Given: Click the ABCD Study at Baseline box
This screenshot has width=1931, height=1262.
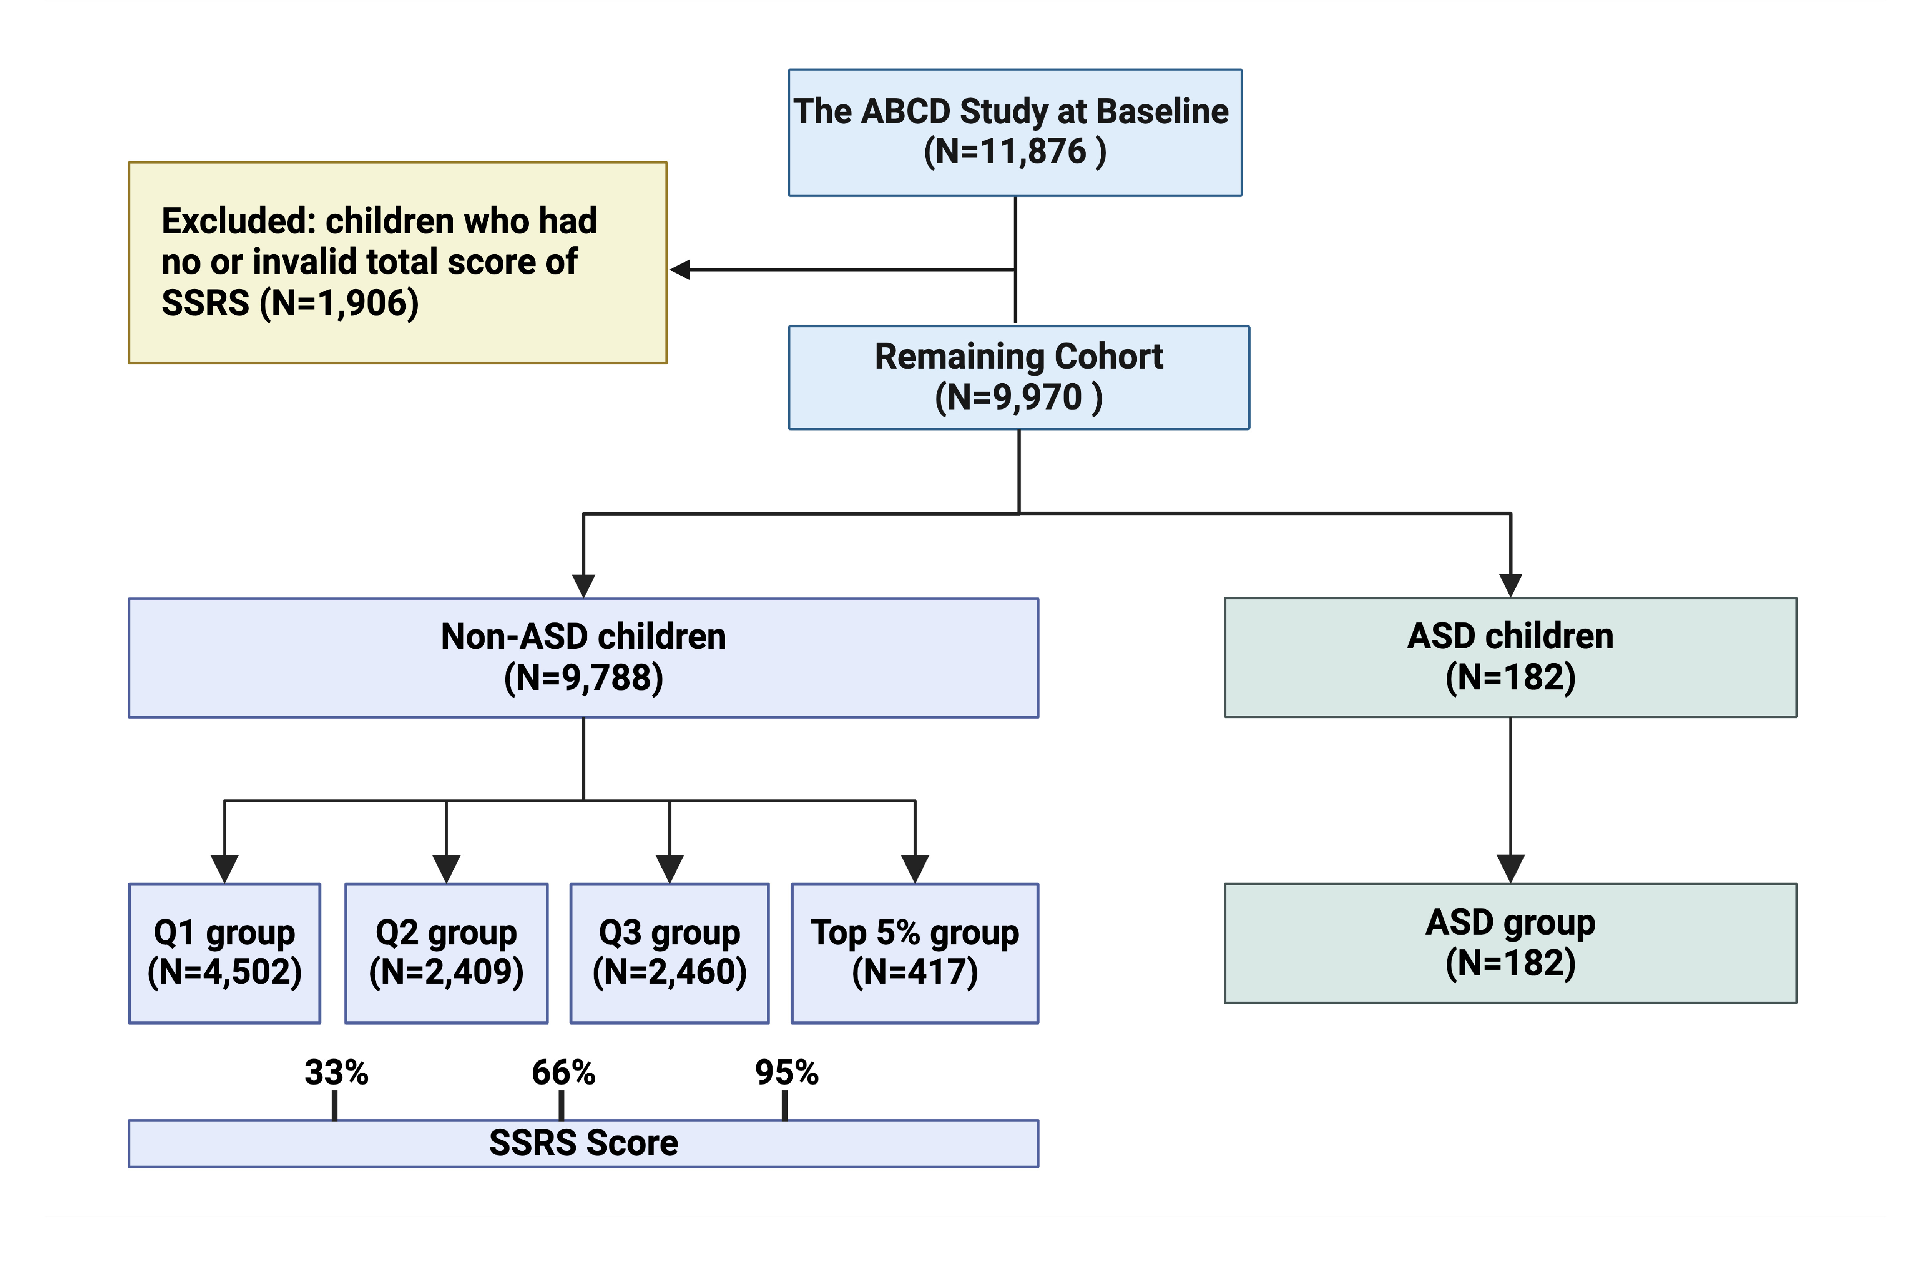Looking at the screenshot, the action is pyautogui.click(x=1015, y=132).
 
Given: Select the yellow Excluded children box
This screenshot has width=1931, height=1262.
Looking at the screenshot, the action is pyautogui.click(x=397, y=262).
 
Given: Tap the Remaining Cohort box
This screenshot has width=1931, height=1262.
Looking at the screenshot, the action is pyautogui.click(x=1019, y=377).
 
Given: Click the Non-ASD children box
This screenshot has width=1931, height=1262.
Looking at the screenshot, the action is pyautogui.click(x=583, y=657).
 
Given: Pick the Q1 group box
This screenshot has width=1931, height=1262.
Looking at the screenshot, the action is pyautogui.click(x=225, y=953).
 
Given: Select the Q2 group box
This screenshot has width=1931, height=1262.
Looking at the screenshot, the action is pyautogui.click(x=446, y=953).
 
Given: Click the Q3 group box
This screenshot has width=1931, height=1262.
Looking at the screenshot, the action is pyautogui.click(x=669, y=953).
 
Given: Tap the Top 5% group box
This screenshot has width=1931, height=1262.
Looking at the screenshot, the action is pyautogui.click(x=915, y=953).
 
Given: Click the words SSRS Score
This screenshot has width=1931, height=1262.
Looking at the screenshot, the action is pyautogui.click(x=583, y=1143).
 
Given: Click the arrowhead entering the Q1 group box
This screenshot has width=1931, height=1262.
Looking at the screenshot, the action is pyautogui.click(x=225, y=868).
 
